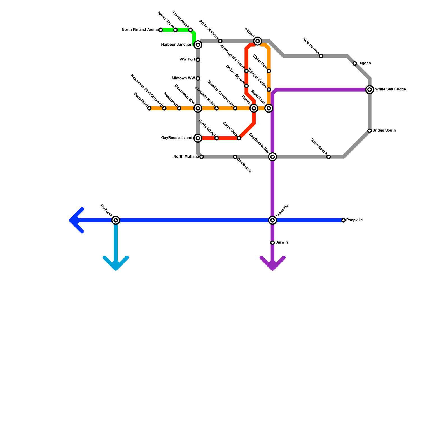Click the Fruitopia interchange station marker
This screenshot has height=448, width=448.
(116, 220)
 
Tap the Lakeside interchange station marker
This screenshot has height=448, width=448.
(272, 220)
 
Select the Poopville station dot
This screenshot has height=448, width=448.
(344, 220)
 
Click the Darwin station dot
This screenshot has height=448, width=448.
(272, 242)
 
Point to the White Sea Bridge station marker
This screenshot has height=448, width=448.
(370, 90)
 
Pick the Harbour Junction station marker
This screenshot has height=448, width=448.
(198, 45)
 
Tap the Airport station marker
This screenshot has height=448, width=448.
(258, 41)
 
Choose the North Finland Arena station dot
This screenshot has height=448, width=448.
(160, 30)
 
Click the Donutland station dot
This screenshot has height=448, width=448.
(149, 108)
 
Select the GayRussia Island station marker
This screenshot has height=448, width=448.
(198, 138)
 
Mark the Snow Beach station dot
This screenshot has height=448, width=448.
(328, 157)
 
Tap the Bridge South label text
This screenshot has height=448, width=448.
(384, 130)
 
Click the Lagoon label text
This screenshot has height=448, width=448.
(364, 63)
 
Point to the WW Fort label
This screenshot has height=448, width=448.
(187, 60)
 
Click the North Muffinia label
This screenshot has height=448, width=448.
(186, 157)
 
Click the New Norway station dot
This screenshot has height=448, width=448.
(321, 56)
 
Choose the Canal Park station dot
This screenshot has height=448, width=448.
(239, 138)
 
